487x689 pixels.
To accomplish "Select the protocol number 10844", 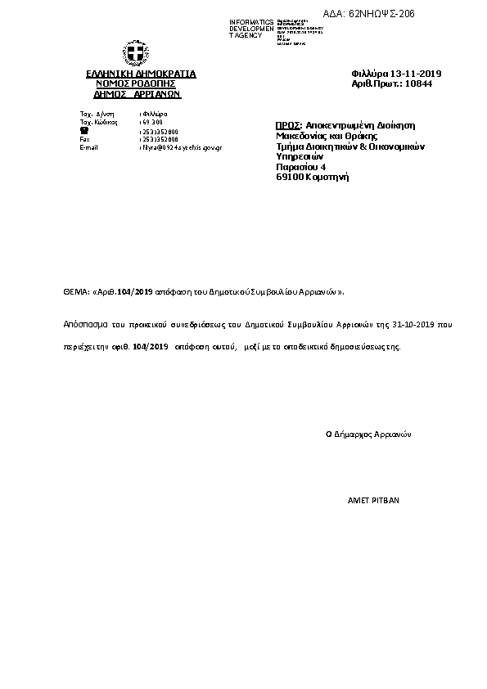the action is tap(419, 83).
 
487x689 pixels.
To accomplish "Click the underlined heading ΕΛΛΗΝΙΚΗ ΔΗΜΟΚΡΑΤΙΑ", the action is tap(141, 74).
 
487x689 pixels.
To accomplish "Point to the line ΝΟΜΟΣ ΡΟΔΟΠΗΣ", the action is tap(136, 83).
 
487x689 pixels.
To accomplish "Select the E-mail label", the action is tap(88, 147).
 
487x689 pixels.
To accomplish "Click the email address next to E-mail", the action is tap(182, 147).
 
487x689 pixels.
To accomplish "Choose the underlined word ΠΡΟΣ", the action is tap(289, 125).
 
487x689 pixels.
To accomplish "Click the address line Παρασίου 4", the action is tap(301, 166).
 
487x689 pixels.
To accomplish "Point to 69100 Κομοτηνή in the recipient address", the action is tap(313, 177).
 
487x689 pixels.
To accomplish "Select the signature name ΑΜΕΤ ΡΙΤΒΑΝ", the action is tap(374, 499).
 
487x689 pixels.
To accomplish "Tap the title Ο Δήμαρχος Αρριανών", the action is tap(368, 435).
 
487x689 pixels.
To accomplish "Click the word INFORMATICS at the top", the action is tap(251, 22).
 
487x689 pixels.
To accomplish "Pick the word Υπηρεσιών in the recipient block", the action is tap(300, 156).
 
